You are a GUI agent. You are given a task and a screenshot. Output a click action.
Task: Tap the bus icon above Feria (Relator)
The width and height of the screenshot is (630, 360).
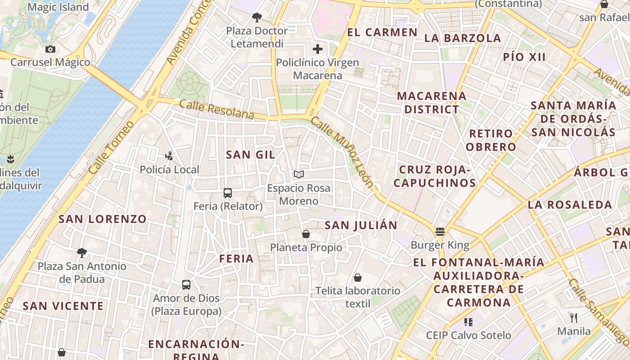[x=228, y=193]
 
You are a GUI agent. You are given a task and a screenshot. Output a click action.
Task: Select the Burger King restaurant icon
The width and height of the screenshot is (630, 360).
[x=440, y=232]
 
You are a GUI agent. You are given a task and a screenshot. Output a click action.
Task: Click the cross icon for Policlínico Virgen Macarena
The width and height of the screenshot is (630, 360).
[x=318, y=49]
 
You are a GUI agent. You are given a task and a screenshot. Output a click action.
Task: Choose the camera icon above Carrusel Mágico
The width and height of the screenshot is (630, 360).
[x=50, y=49]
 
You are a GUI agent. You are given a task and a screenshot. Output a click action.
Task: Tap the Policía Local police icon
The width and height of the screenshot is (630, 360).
[x=169, y=156]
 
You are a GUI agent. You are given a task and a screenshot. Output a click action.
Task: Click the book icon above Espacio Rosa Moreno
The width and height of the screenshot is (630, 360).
[x=299, y=174]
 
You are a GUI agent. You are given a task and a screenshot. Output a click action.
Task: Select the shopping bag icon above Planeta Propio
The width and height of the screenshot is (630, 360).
[x=306, y=234]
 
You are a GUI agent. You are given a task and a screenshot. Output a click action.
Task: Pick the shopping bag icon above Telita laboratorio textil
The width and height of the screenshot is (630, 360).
[x=358, y=278]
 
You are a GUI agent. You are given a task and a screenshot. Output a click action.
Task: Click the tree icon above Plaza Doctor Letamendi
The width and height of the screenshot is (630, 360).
[x=257, y=18]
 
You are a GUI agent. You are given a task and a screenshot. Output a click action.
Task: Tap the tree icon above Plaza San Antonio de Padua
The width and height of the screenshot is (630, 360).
[x=81, y=252]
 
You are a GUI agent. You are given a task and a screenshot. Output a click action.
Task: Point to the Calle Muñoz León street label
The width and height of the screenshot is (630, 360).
[x=342, y=152]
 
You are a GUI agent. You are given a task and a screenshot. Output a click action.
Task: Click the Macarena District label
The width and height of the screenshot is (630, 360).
[x=432, y=103]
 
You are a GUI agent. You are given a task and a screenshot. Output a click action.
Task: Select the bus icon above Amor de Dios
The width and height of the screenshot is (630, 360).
[x=186, y=285]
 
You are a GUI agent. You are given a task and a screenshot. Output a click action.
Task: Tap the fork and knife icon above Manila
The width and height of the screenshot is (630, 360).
[x=574, y=318]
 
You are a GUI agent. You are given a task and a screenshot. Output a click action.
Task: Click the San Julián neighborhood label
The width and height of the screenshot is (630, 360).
[x=361, y=225]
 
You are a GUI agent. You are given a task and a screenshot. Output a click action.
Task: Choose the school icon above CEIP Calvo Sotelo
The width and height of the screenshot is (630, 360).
[x=468, y=322]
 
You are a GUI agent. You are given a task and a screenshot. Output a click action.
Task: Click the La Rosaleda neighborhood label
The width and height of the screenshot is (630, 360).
[x=570, y=205]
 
